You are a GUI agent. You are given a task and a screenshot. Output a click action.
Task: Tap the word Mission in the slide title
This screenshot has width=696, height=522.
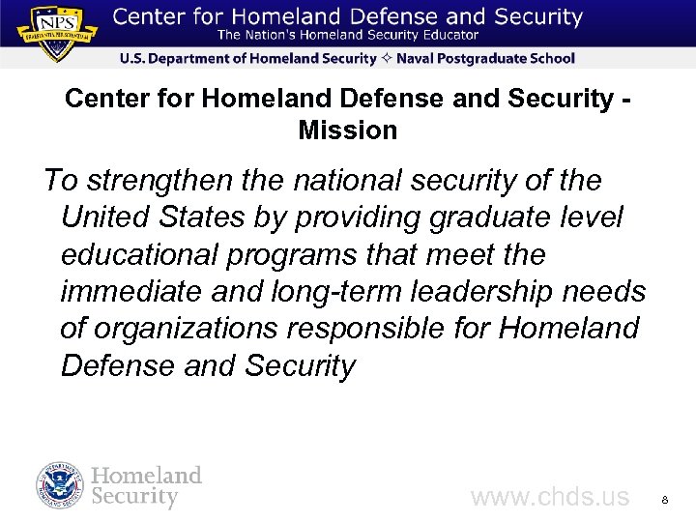click(x=348, y=130)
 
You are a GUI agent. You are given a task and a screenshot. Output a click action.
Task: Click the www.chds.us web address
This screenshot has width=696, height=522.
click(x=549, y=498)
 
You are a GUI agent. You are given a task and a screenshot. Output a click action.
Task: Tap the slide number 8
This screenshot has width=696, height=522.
click(x=665, y=500)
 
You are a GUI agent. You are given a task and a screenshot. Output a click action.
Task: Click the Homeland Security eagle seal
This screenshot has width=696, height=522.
click(x=61, y=486)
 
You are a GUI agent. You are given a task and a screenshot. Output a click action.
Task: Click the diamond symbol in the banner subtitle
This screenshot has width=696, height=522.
click(x=385, y=59)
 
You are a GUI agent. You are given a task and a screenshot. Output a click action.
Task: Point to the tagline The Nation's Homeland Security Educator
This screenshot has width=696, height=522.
click(x=348, y=36)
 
